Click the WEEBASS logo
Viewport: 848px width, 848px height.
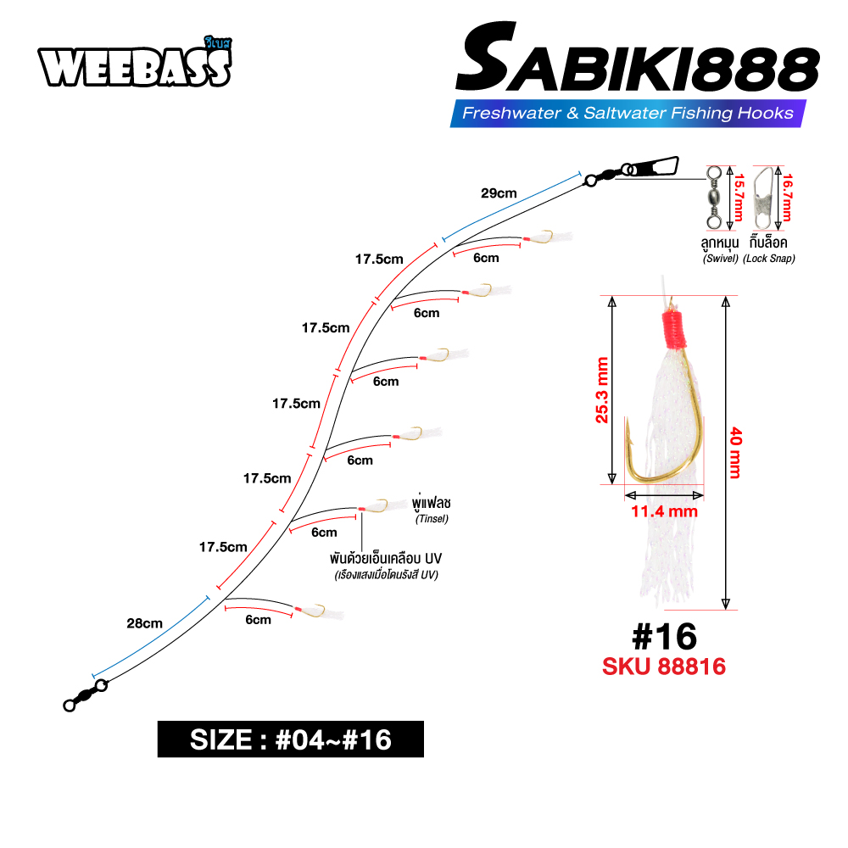pos(135,64)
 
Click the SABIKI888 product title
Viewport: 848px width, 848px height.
pos(638,59)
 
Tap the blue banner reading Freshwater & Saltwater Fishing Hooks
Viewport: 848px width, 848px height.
pos(628,113)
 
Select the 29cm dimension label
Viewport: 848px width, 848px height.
pos(499,193)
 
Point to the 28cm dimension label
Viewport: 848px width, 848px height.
pos(144,623)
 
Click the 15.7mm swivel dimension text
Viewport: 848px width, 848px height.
pos(739,198)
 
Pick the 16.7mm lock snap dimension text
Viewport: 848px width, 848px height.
pos(788,198)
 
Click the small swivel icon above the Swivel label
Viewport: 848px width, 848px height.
pos(714,198)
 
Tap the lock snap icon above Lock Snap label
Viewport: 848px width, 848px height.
pos(762,198)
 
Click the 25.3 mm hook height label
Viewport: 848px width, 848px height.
pos(601,389)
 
